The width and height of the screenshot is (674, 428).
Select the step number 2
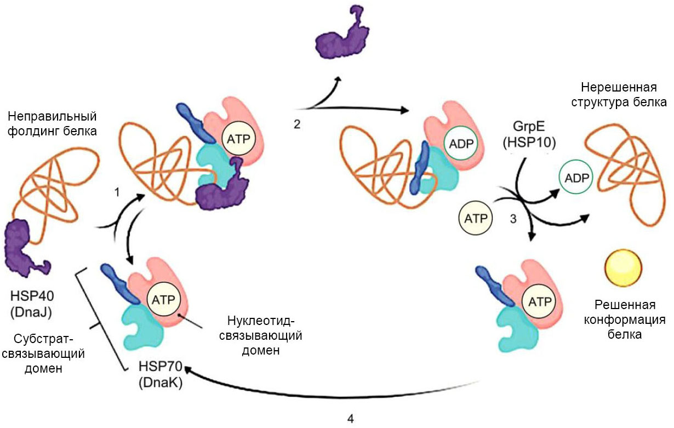point(297,124)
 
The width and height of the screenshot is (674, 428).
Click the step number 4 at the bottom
point(350,419)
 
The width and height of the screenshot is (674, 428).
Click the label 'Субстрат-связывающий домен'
point(52,353)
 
